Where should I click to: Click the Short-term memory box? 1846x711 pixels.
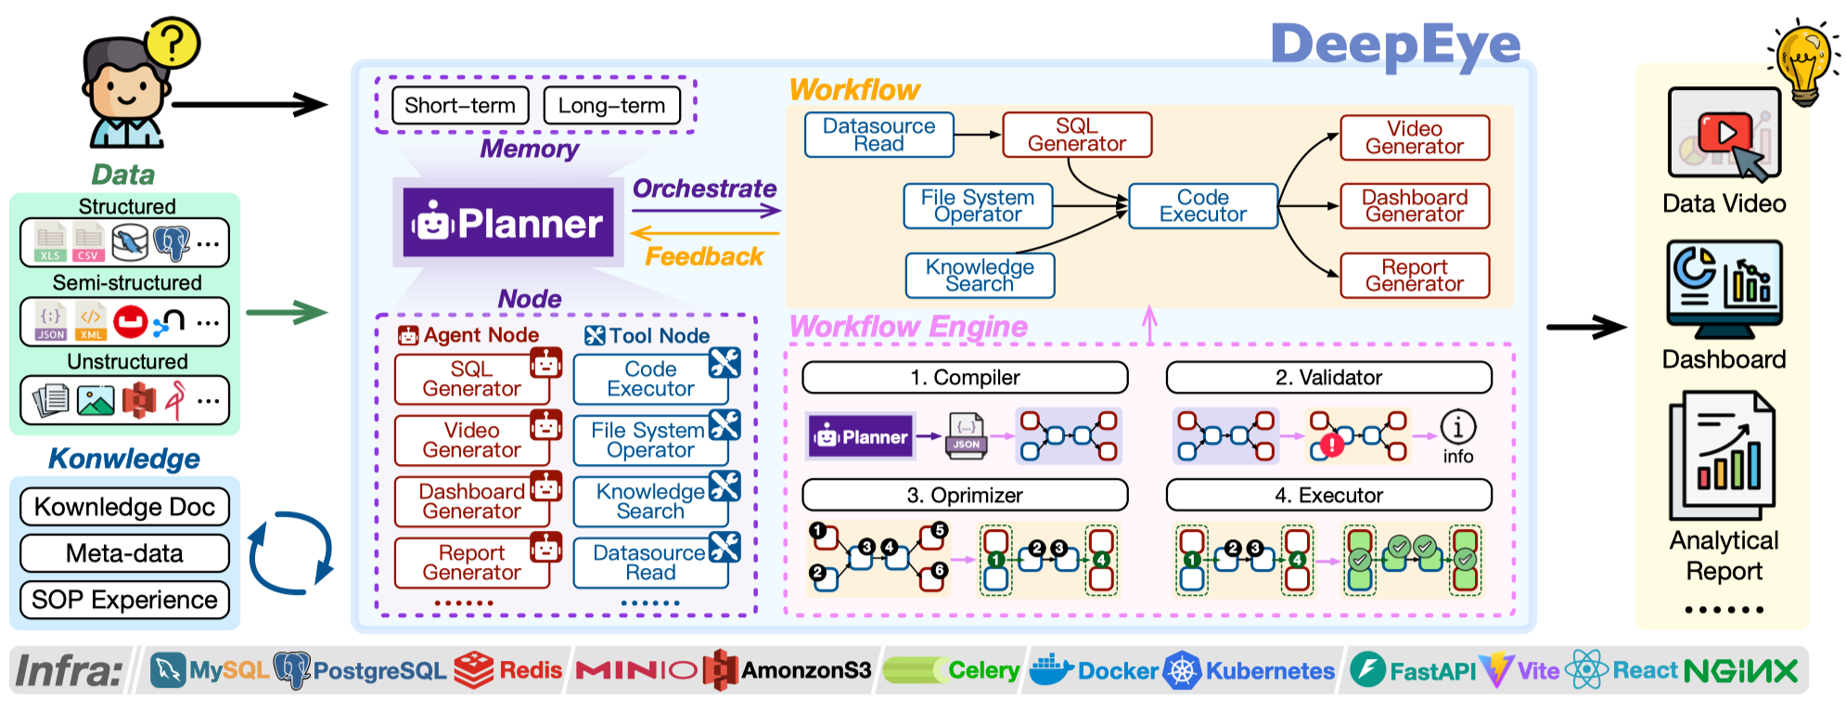(460, 105)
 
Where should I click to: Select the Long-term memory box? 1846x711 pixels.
(611, 105)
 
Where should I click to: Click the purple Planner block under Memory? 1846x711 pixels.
(508, 223)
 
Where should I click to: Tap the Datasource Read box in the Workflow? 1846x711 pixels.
(878, 135)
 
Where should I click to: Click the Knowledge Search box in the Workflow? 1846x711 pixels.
(980, 276)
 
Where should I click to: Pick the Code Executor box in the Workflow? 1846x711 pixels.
(1202, 206)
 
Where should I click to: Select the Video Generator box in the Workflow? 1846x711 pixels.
(1414, 137)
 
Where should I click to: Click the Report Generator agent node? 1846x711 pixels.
(471, 562)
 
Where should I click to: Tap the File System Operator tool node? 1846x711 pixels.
(649, 440)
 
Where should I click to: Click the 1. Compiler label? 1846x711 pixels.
(965, 378)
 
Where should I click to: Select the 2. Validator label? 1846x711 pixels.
(1328, 378)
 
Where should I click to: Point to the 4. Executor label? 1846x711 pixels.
(1328, 496)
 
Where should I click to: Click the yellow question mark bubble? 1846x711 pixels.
(173, 43)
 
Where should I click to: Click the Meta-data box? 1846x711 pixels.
(124, 553)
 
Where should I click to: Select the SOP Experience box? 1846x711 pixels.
(124, 600)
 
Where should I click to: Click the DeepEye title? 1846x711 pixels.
(1395, 44)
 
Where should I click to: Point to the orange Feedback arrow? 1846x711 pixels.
(705, 233)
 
